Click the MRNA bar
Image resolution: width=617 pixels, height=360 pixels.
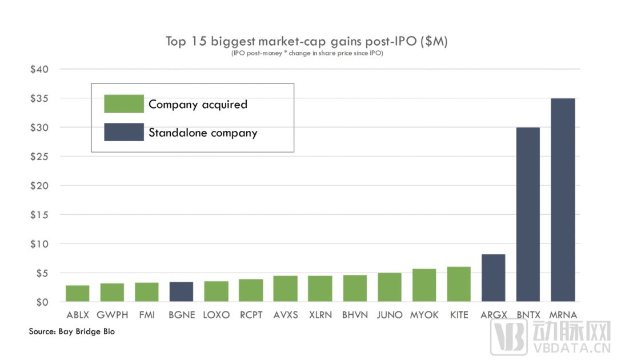click(x=563, y=200)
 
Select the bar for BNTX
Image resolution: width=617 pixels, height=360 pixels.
click(x=528, y=214)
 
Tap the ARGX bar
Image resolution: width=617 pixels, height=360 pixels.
click(x=493, y=278)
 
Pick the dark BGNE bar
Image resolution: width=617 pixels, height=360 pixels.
click(x=181, y=291)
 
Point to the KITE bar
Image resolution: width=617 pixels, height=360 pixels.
click(x=459, y=284)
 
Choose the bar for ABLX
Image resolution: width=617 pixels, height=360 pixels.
click(x=77, y=293)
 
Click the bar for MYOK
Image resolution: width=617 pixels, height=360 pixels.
click(x=424, y=285)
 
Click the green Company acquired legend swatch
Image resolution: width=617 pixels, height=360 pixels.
click(x=124, y=104)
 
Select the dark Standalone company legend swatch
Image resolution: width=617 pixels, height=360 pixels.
click(x=124, y=133)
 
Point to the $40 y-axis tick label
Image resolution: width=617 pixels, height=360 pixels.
click(x=39, y=69)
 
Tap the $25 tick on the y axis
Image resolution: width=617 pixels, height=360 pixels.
click(x=39, y=157)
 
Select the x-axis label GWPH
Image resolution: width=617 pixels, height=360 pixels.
click(x=112, y=315)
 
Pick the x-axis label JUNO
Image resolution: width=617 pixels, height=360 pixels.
click(x=390, y=315)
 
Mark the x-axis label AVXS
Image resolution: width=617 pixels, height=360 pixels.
click(x=285, y=315)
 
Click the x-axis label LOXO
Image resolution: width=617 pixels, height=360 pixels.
click(x=216, y=315)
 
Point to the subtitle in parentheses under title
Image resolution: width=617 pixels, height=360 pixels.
click(x=307, y=53)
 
